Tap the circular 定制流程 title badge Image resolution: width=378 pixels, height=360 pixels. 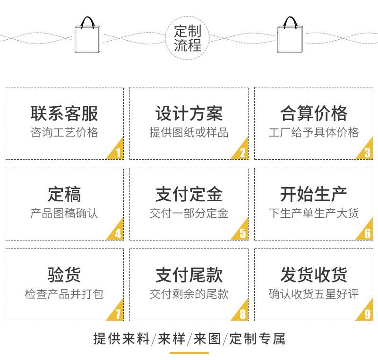(x=188, y=38)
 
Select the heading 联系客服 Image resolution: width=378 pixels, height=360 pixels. (x=64, y=114)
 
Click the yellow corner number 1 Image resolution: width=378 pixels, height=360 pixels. (x=118, y=152)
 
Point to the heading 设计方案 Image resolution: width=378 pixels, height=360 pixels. (x=189, y=114)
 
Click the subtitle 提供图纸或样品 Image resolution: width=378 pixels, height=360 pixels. (x=189, y=133)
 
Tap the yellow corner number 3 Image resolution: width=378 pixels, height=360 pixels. (x=367, y=152)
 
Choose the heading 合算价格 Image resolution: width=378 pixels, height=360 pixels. (x=314, y=114)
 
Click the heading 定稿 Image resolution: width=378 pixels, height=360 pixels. (x=64, y=194)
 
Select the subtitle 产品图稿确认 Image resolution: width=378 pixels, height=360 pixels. (x=64, y=214)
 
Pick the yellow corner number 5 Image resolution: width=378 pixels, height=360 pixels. (x=242, y=233)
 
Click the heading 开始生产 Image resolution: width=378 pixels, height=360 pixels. (x=314, y=194)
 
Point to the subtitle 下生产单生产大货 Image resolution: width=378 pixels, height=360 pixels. (x=314, y=214)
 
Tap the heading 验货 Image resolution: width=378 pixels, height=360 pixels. (x=64, y=275)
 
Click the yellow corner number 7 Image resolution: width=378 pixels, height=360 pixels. (x=118, y=314)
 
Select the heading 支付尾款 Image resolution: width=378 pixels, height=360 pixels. (x=189, y=275)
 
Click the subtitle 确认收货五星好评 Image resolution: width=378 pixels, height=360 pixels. (x=314, y=294)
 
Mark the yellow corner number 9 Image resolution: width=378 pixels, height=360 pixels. (x=367, y=314)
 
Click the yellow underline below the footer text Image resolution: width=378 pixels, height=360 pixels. (x=189, y=352)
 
